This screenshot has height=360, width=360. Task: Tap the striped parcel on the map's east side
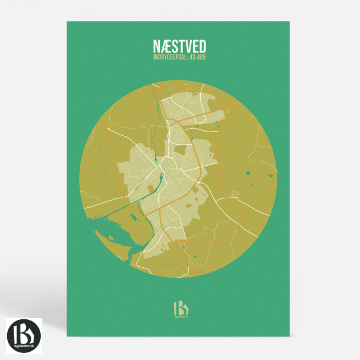[235, 194]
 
